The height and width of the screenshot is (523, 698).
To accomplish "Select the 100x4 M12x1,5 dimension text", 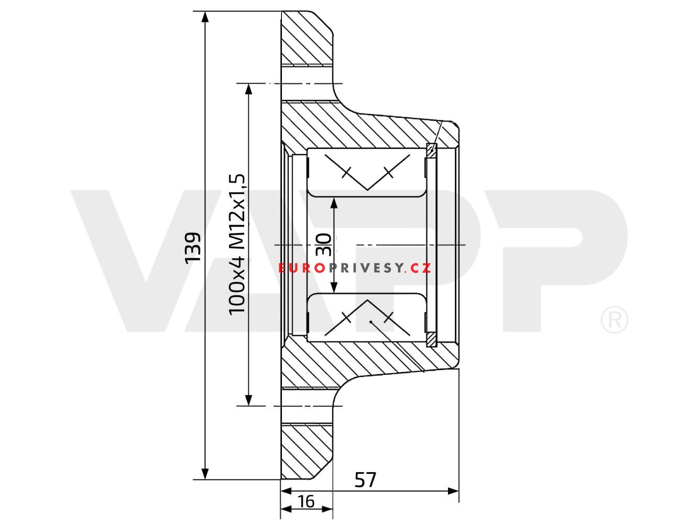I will (237, 244).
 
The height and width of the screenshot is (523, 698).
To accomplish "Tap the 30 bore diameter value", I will (324, 244).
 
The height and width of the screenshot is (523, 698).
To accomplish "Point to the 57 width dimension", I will (365, 479).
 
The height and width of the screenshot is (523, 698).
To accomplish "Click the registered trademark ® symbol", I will (614, 320).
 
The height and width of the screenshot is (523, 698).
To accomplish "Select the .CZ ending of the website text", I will (419, 269).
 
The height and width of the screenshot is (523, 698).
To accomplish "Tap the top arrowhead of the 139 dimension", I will (205, 17).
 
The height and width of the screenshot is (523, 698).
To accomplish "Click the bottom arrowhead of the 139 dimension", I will (205, 473).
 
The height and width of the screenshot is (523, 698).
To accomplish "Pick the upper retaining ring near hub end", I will (431, 151).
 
